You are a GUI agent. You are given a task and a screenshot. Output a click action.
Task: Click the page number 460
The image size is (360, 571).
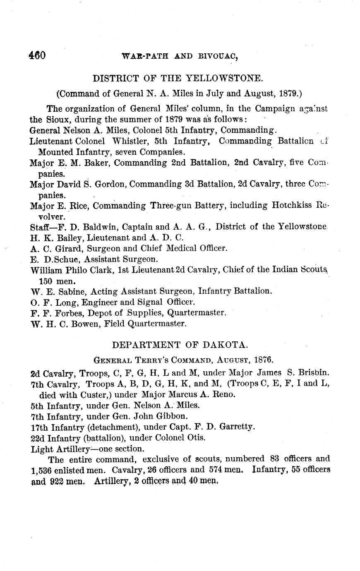[x=37, y=55]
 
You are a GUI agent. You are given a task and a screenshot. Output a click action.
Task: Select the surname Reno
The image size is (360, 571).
[x=225, y=394]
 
